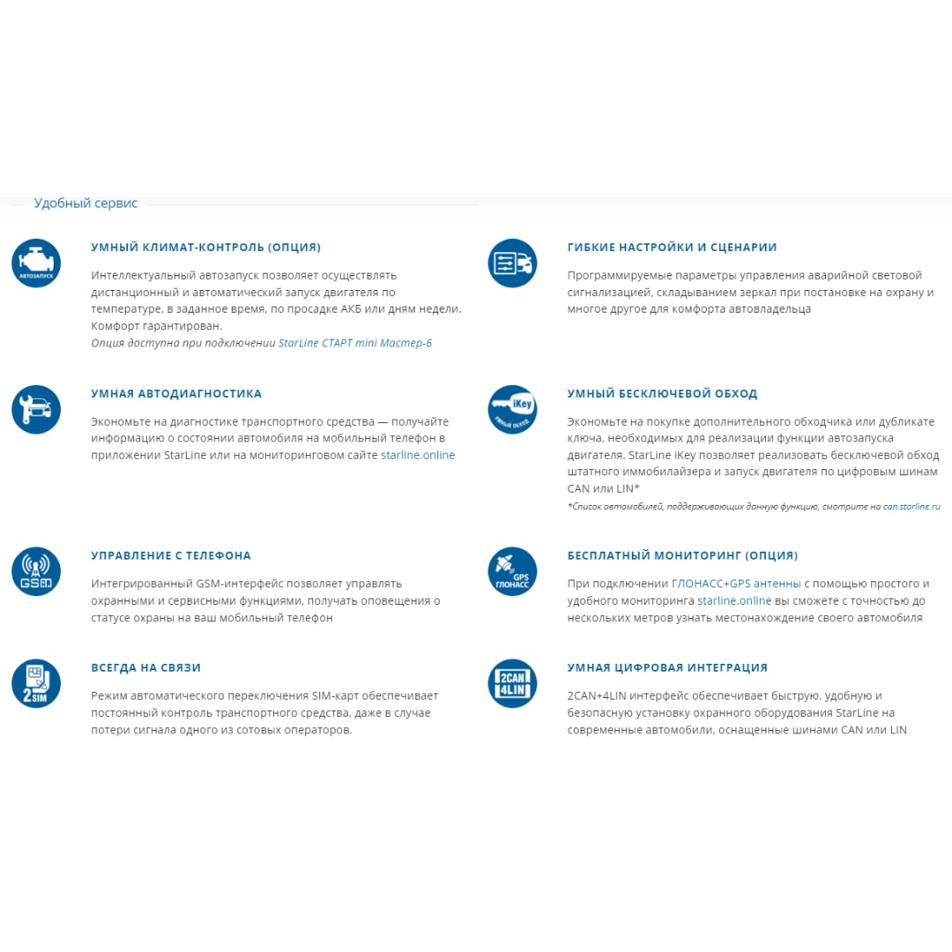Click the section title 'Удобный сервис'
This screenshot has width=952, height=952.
[x=86, y=204]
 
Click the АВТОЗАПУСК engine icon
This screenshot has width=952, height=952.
[x=36, y=264]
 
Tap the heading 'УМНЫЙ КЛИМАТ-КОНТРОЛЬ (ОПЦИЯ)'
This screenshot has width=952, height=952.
[x=205, y=248]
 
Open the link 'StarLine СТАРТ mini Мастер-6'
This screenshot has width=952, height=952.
[x=355, y=343]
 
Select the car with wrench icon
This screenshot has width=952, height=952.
[x=36, y=410]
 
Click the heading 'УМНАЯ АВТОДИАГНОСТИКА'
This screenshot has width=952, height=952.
[x=176, y=394]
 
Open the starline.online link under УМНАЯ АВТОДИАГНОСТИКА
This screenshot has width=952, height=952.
[x=418, y=456]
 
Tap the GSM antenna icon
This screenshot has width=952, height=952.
[x=36, y=571]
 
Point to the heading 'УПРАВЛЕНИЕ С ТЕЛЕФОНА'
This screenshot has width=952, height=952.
[x=171, y=556]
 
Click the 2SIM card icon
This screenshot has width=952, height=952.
[x=36, y=683]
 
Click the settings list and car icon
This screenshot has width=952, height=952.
[x=512, y=264]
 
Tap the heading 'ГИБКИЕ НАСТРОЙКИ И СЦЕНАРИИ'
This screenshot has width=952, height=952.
[x=672, y=248]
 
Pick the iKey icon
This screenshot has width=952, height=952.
[x=512, y=410]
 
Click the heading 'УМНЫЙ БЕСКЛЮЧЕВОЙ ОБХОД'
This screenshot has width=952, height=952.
[x=662, y=394]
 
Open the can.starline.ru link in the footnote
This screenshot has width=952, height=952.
[x=911, y=507]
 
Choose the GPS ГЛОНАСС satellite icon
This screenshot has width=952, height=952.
[x=512, y=571]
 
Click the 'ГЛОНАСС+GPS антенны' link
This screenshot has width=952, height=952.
[x=736, y=584]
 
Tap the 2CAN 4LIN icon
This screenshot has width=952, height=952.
[x=512, y=683]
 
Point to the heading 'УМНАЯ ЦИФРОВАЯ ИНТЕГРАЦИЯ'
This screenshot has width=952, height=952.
[x=667, y=668]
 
